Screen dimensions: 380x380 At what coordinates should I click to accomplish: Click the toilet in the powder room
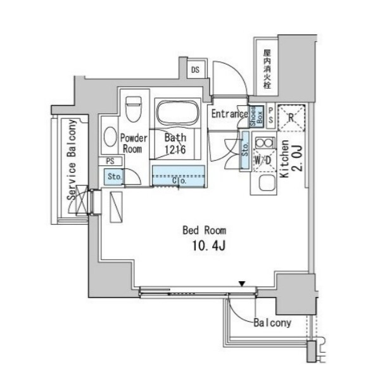click(133, 109)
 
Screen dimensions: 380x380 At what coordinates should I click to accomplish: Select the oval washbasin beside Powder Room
click(110, 137)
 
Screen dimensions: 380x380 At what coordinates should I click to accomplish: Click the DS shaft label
click(195, 70)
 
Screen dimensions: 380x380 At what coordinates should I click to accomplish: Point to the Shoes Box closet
click(256, 117)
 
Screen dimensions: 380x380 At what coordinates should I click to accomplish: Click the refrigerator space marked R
click(291, 118)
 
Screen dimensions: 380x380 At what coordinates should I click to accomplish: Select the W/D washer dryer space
click(264, 160)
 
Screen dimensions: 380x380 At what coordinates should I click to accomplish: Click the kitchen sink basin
click(267, 183)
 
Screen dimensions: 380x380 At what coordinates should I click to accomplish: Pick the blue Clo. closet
click(179, 176)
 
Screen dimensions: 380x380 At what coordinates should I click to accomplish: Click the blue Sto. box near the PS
click(114, 177)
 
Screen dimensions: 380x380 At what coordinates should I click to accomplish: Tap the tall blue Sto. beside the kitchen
click(245, 150)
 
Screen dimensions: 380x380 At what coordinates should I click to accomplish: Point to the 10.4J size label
click(209, 246)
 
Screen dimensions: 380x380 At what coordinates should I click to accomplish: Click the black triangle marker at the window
click(242, 284)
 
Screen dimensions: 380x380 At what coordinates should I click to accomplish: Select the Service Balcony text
click(72, 160)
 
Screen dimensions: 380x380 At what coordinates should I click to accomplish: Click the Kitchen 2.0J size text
click(291, 159)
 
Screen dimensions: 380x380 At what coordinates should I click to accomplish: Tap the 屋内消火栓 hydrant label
click(267, 69)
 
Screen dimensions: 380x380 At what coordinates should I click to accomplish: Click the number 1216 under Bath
click(175, 149)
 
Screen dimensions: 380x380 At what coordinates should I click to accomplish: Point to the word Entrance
click(229, 114)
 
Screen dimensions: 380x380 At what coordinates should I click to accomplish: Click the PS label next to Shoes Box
click(270, 116)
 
